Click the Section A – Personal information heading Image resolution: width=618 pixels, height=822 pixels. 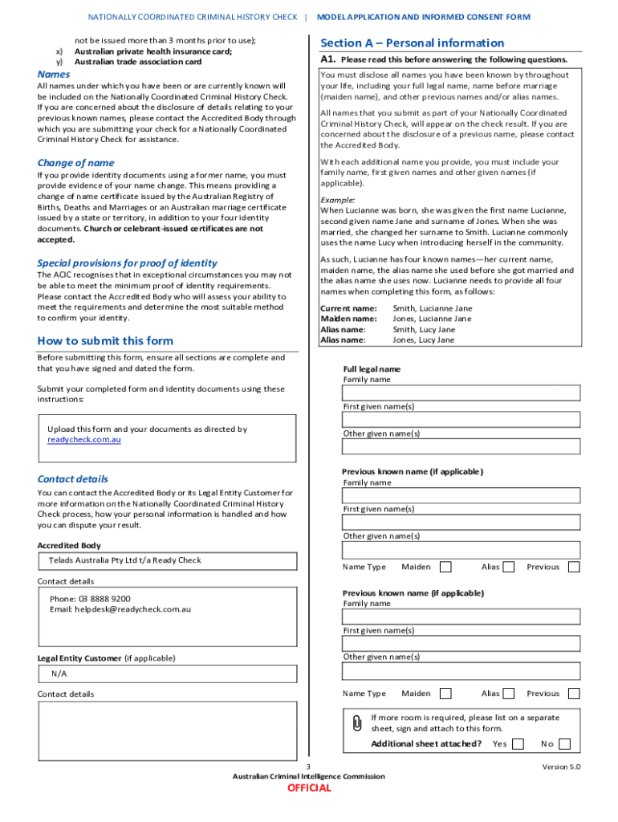pos(412,43)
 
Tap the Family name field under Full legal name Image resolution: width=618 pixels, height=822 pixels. pos(461,393)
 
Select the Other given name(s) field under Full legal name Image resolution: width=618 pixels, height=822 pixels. pos(461,447)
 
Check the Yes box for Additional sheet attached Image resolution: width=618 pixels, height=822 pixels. pos(518,744)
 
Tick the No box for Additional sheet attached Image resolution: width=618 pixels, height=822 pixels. pos(565,744)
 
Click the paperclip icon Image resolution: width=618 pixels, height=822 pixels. pos(357,723)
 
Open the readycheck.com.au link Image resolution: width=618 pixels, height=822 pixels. pos(84,440)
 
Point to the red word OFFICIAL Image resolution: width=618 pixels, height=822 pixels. pos(309,788)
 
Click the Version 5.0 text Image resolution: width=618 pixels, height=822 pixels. pos(561,767)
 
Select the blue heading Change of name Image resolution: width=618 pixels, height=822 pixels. pos(75,163)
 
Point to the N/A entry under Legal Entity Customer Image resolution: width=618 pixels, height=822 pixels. pos(59,674)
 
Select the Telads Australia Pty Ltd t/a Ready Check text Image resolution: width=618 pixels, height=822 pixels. pos(124,560)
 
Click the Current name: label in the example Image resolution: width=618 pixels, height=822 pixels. pos(348,308)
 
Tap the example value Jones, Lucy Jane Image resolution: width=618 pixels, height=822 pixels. pos(423,340)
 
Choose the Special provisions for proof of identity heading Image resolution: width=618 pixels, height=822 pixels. pos(127,263)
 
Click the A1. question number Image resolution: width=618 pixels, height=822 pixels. pos(327,59)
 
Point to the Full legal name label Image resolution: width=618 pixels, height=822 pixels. pos(372,369)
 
